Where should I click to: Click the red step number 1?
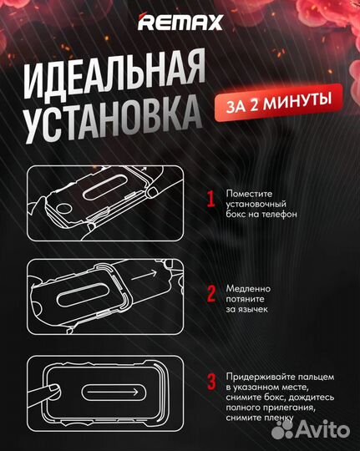click(x=211, y=198)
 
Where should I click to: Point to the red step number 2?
click(x=211, y=292)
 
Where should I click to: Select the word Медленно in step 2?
click(x=249, y=286)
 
